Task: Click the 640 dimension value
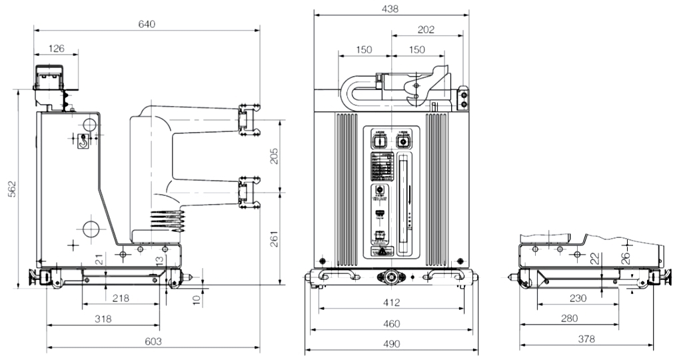click(x=147, y=24)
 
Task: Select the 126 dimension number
click(x=57, y=48)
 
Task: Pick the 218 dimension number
click(x=121, y=298)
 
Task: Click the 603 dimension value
click(x=153, y=342)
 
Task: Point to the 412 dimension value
click(x=391, y=303)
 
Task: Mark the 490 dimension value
click(x=391, y=344)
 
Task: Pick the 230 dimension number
click(x=578, y=298)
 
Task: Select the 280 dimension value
click(x=569, y=319)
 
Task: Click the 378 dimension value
click(x=586, y=339)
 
